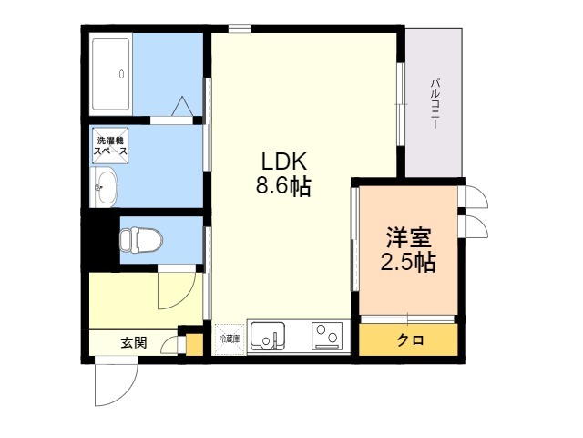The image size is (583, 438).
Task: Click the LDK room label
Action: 283,162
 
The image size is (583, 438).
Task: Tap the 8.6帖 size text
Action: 283,185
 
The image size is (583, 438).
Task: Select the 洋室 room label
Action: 408,237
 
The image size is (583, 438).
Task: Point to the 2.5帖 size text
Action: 408,262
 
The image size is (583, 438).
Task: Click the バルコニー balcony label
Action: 435,104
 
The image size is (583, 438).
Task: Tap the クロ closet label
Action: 411,340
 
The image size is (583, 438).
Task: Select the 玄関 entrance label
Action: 134,343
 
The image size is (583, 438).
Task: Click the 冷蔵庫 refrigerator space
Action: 229,339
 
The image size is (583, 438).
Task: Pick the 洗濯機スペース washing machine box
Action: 110,146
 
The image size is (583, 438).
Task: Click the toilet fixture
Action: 141,241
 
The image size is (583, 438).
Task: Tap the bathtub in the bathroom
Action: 111,74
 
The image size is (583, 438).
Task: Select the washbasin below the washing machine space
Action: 106,187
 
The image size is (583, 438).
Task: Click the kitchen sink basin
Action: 268,337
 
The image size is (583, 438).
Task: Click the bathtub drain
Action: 121,74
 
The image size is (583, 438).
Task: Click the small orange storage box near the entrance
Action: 194,345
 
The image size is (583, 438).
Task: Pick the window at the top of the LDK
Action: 239,28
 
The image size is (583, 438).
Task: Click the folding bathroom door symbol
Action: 182,106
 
